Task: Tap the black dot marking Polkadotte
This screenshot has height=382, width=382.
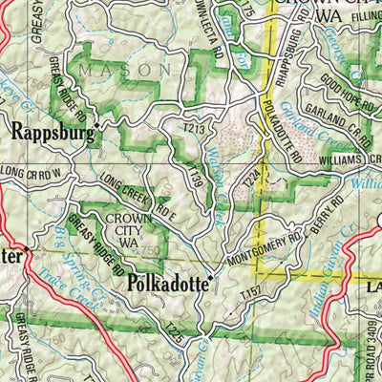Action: tap(211, 278)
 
